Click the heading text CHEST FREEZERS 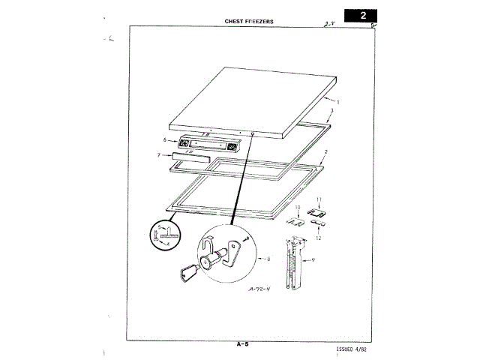pyautogui.click(x=249, y=21)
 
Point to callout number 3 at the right pyautogui.click(x=331, y=111)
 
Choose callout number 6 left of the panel pyautogui.click(x=163, y=140)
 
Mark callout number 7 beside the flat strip pyautogui.click(x=158, y=155)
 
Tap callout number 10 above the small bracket pyautogui.click(x=297, y=207)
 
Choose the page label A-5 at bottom pyautogui.click(x=241, y=344)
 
